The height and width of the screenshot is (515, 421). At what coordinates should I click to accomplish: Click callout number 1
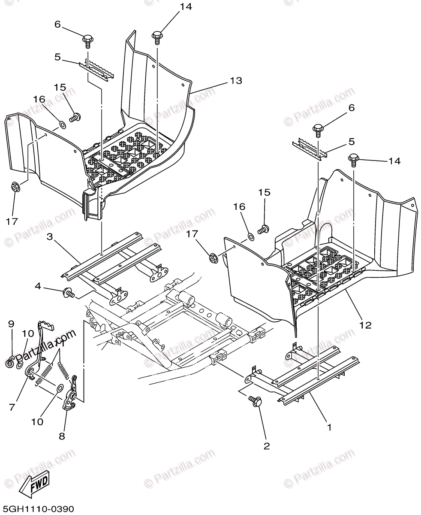329,427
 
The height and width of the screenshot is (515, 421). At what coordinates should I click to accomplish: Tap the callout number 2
267,446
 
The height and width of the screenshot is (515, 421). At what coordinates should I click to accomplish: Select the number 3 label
50,236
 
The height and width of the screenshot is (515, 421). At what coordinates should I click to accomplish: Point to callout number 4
38,286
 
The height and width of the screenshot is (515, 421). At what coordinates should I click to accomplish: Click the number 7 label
12,406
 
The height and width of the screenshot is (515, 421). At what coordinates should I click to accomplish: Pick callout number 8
62,436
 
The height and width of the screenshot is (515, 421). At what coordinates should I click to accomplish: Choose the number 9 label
12,323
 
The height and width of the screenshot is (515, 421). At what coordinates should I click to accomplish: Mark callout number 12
365,325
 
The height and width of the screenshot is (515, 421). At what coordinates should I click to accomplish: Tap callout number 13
235,80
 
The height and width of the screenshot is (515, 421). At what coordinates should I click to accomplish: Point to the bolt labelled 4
68,293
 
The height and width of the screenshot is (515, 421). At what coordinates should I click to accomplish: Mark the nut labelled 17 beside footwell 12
212,258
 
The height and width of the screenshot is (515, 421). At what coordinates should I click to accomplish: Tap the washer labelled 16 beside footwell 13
62,125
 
